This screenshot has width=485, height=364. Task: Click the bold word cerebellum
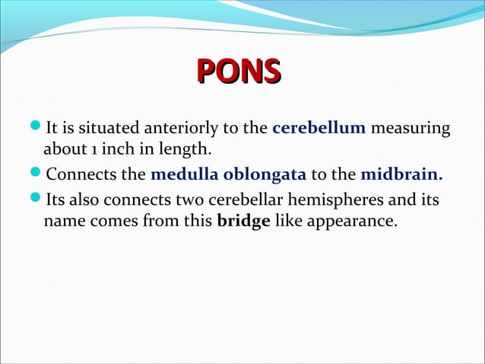click(x=319, y=126)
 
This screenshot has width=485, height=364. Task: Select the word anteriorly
click(x=196, y=126)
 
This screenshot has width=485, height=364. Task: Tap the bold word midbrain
click(x=401, y=176)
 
